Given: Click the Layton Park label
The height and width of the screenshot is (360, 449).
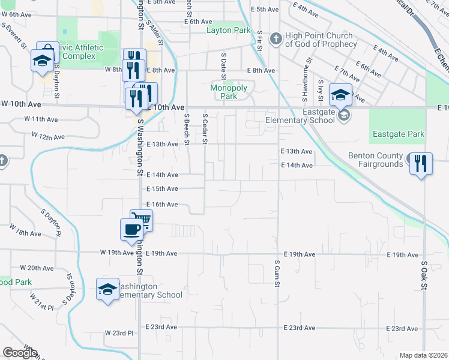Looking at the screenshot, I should click(x=228, y=30).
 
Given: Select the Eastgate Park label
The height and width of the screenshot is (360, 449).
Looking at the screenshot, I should click(x=398, y=134).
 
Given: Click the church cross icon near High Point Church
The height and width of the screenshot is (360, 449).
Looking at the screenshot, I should click(x=276, y=40).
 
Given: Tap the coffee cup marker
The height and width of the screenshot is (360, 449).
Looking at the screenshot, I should click(x=131, y=229).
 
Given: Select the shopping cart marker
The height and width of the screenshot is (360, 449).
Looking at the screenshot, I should click(x=141, y=220).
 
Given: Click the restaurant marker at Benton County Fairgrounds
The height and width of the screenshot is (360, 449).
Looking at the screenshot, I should click(x=420, y=163).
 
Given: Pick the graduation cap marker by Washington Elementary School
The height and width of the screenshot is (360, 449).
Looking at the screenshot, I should click(x=107, y=290).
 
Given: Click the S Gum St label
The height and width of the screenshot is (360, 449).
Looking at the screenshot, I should click(x=277, y=272).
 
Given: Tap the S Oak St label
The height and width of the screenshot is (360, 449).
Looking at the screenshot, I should click(x=423, y=274).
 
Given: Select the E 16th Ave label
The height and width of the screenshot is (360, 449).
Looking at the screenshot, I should click(x=162, y=205).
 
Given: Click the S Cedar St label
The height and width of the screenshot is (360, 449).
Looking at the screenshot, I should click(x=205, y=124).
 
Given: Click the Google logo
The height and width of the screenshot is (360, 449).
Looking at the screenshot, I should click(x=20, y=353).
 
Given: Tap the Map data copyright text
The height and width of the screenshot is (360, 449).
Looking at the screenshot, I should click(x=423, y=355).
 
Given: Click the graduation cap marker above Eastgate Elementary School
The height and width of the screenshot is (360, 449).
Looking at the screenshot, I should click(x=340, y=95).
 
